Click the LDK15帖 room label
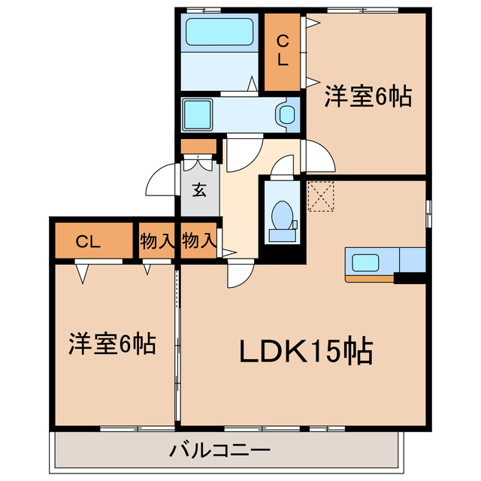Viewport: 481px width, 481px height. (x=307, y=351)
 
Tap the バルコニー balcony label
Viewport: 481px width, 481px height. (x=219, y=451)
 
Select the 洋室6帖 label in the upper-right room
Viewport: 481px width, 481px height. (x=368, y=97)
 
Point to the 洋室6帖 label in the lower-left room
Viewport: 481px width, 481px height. (x=112, y=343)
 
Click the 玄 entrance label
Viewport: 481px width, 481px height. (x=199, y=190)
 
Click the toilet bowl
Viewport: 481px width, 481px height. (x=283, y=215)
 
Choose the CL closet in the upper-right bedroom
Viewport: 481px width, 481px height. (x=283, y=51)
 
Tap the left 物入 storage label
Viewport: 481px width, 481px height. (x=157, y=241)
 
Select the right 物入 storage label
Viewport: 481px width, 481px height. (x=200, y=241)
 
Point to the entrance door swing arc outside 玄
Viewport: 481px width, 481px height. (x=161, y=181)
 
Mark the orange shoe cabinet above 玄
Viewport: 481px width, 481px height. (x=199, y=147)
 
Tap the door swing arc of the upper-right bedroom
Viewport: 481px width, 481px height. (x=316, y=157)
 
